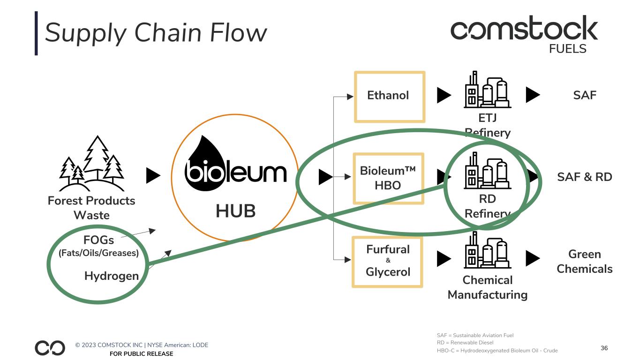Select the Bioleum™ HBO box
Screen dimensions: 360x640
click(x=388, y=178)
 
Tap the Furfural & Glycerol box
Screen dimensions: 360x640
click(x=387, y=262)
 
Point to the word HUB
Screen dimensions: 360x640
click(x=235, y=211)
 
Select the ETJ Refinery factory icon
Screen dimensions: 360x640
click(x=487, y=90)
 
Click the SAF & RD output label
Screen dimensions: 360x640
click(x=584, y=177)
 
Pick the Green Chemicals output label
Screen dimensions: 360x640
click(x=584, y=262)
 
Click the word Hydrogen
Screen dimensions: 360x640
click(x=112, y=276)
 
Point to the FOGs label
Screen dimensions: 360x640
click(x=98, y=240)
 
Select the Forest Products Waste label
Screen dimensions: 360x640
click(x=91, y=208)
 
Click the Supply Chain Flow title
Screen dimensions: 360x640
click(x=156, y=34)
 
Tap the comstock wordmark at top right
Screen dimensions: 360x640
click(x=524, y=29)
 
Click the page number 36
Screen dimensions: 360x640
click(x=604, y=348)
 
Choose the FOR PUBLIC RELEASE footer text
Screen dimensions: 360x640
click(x=141, y=354)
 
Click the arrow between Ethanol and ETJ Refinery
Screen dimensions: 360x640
click(x=444, y=96)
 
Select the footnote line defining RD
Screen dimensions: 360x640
click(x=465, y=343)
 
